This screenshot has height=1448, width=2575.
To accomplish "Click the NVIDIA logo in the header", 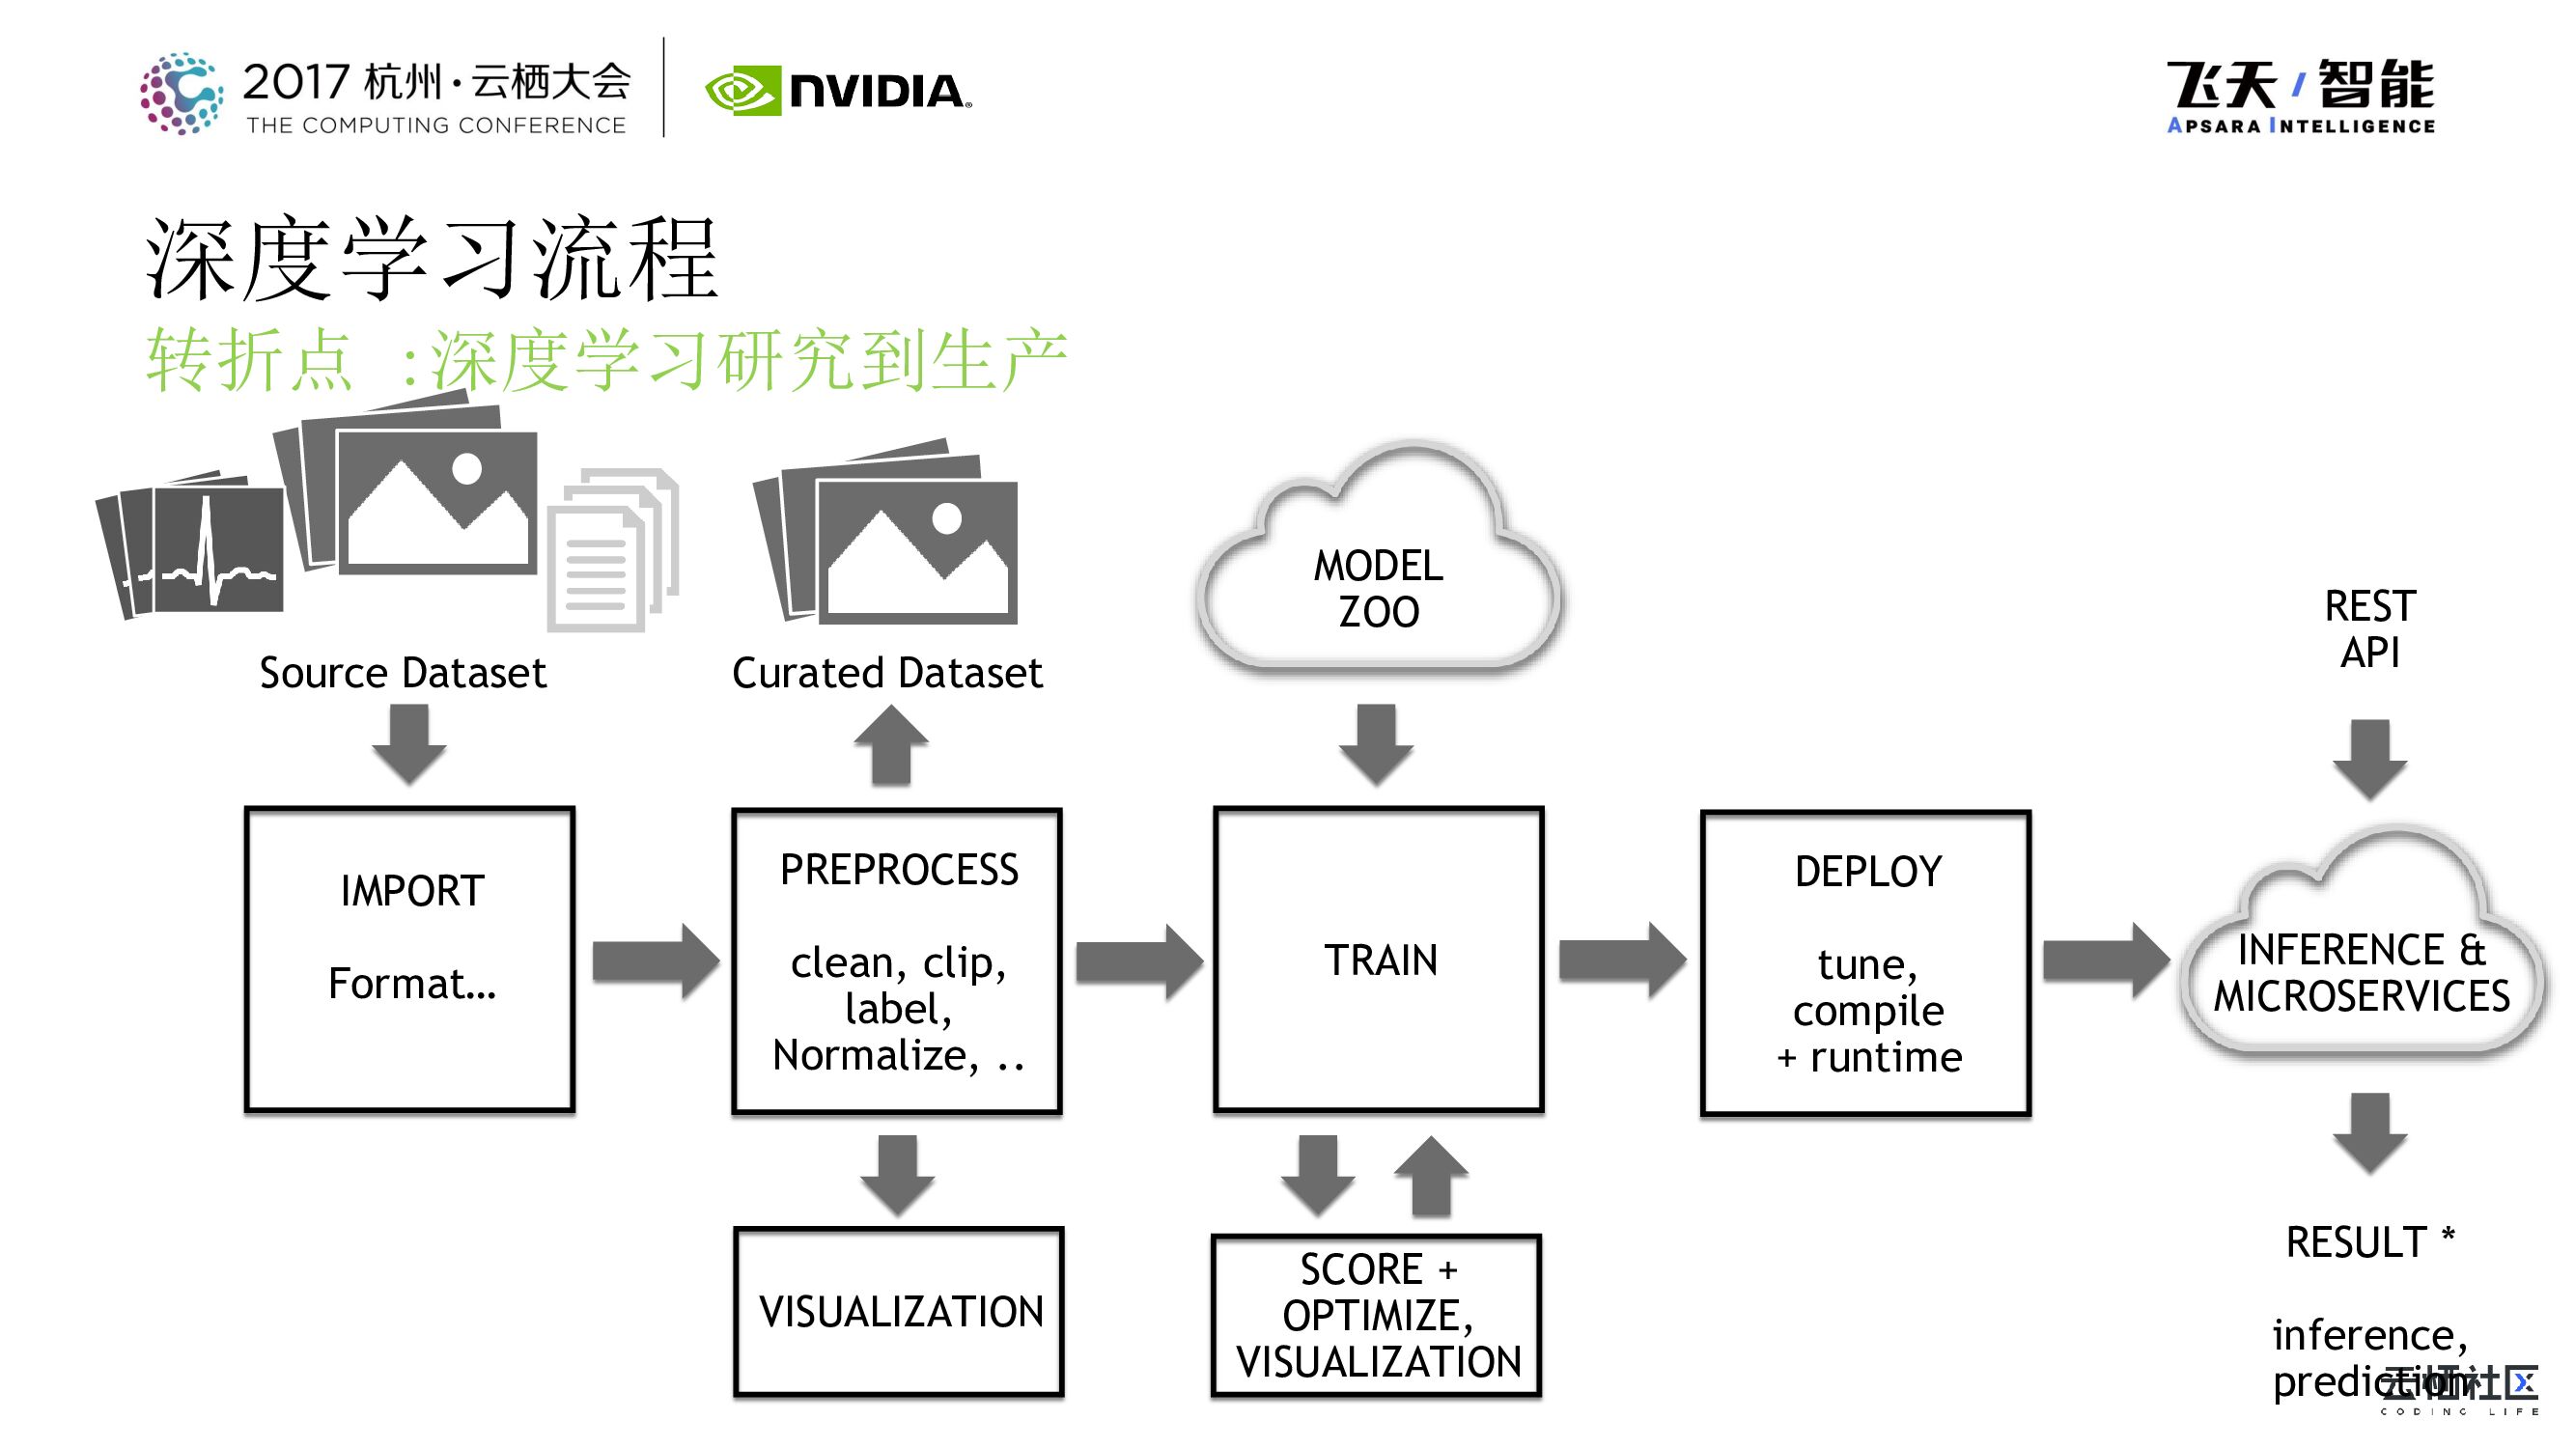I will [x=838, y=91].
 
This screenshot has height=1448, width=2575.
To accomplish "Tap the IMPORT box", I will [x=409, y=960].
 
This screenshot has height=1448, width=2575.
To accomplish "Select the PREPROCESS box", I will [x=897, y=961].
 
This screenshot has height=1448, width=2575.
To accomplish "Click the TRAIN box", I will [x=1379, y=960].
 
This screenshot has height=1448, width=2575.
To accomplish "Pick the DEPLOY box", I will [x=1865, y=962].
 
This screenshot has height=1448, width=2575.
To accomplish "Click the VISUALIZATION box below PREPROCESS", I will [x=899, y=1311].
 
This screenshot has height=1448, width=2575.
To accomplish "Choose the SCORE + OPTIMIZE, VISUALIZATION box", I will [x=1377, y=1315].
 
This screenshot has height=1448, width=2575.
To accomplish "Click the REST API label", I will [x=2369, y=629].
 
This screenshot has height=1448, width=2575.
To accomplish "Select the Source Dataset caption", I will [x=403, y=673].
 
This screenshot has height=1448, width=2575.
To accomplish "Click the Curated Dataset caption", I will [x=886, y=673].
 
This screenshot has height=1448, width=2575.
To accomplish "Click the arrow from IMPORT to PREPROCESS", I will [x=655, y=961].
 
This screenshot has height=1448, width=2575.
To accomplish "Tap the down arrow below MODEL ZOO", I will [x=1377, y=744].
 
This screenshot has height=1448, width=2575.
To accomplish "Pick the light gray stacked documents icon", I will [x=610, y=549].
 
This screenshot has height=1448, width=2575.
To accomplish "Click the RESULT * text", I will [x=2369, y=1242].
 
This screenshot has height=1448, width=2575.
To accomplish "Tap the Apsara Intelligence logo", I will [x=2300, y=96].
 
